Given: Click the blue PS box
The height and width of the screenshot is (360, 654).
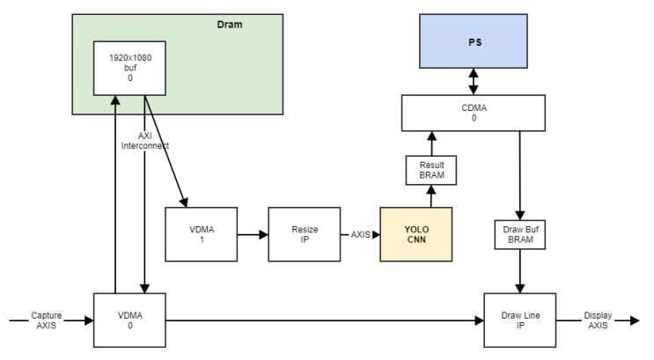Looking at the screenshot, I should tap(474, 42).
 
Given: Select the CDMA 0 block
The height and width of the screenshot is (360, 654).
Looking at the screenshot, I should tap(474, 112).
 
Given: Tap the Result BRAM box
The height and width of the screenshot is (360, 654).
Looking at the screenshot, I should tap(431, 169).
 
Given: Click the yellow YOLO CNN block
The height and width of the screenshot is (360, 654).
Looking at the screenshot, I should tap(415, 235).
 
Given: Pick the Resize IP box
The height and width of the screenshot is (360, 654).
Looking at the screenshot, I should tap(304, 235).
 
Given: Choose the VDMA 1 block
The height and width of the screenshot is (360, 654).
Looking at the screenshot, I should tap(201, 235).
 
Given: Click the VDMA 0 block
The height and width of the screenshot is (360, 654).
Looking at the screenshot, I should tap(130, 321).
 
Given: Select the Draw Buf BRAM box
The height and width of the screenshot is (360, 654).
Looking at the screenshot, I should tap(520, 235).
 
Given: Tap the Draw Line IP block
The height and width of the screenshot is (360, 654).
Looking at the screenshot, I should tap(520, 321).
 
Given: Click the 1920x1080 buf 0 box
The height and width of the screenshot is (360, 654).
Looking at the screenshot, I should tap(129, 68).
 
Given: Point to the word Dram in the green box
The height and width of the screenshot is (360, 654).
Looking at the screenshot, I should tap(230, 25).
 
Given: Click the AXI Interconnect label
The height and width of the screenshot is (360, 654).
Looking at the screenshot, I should tap(144, 141).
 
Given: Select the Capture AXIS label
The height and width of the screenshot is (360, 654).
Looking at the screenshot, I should tap(46, 321).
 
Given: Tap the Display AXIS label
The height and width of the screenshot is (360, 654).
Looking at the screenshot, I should tap(599, 321).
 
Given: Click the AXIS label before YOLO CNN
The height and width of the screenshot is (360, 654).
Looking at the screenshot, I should tap(360, 235).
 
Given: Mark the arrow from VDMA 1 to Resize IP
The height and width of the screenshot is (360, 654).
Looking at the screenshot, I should tap(252, 235).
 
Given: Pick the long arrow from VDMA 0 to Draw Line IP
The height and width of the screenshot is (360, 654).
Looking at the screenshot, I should tap(326, 321).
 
